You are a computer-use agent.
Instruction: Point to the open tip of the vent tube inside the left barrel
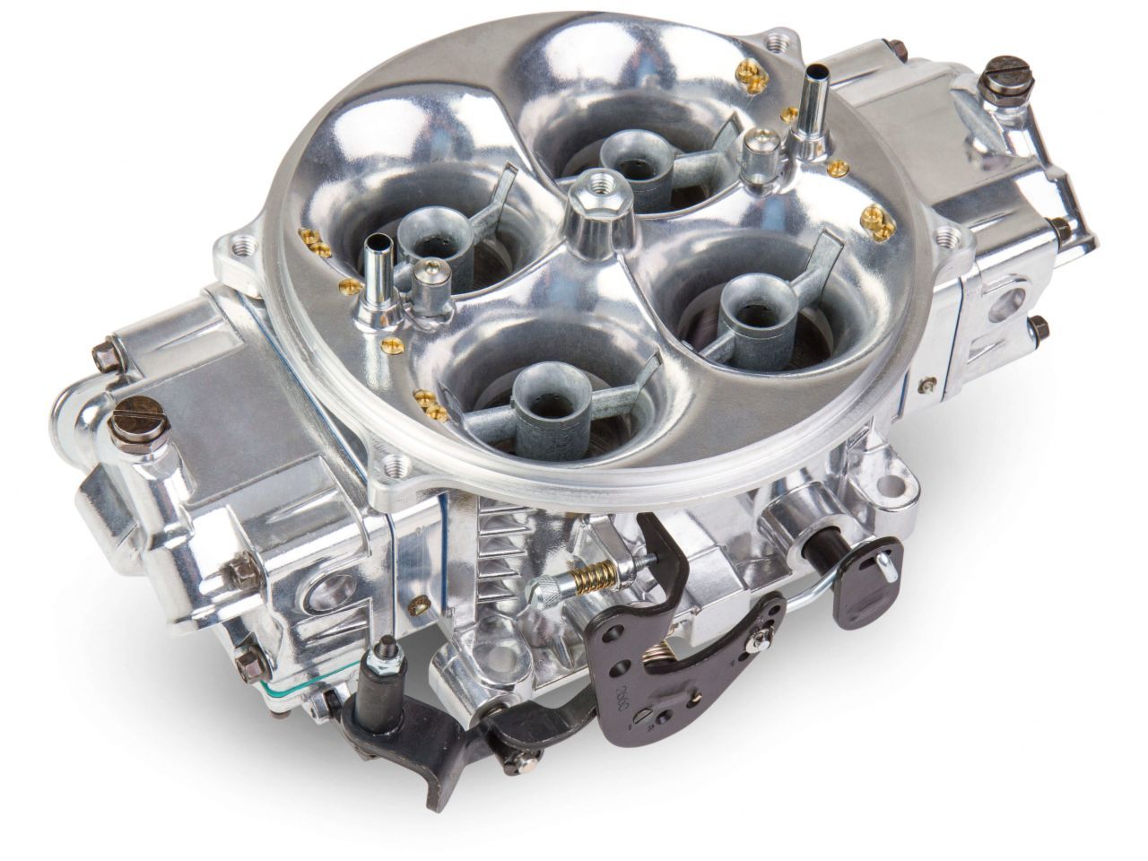tap(378, 241)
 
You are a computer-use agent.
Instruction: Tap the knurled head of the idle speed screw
tap(567, 589)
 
